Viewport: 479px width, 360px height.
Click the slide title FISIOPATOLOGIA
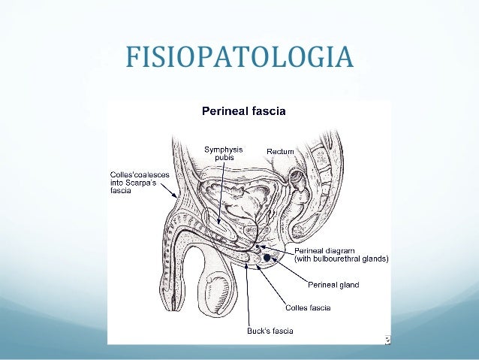(239, 56)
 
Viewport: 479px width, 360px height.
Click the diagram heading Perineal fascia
(243, 111)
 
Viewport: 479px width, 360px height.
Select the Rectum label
(280, 152)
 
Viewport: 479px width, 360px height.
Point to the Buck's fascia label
(270, 331)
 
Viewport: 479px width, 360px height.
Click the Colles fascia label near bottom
(307, 307)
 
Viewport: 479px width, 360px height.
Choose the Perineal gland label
(333, 285)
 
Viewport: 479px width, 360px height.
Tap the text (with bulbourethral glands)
(342, 259)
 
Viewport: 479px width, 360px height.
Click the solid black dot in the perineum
(267, 257)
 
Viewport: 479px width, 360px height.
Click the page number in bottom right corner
(387, 340)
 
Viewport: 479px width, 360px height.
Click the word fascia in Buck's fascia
(281, 331)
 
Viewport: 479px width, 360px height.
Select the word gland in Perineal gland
(347, 285)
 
